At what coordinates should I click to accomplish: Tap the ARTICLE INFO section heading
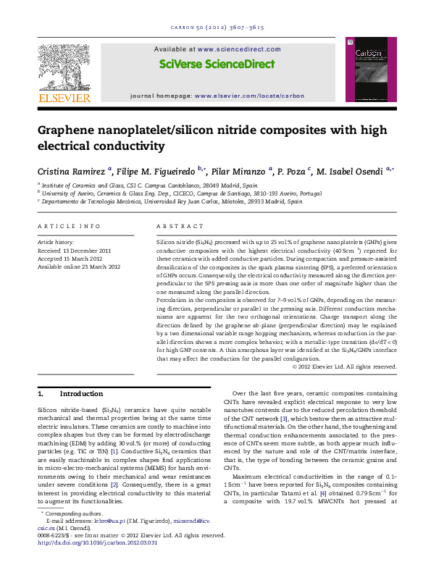[69, 227]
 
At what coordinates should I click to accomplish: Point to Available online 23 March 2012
[79, 266]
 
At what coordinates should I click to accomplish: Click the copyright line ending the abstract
[344, 367]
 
